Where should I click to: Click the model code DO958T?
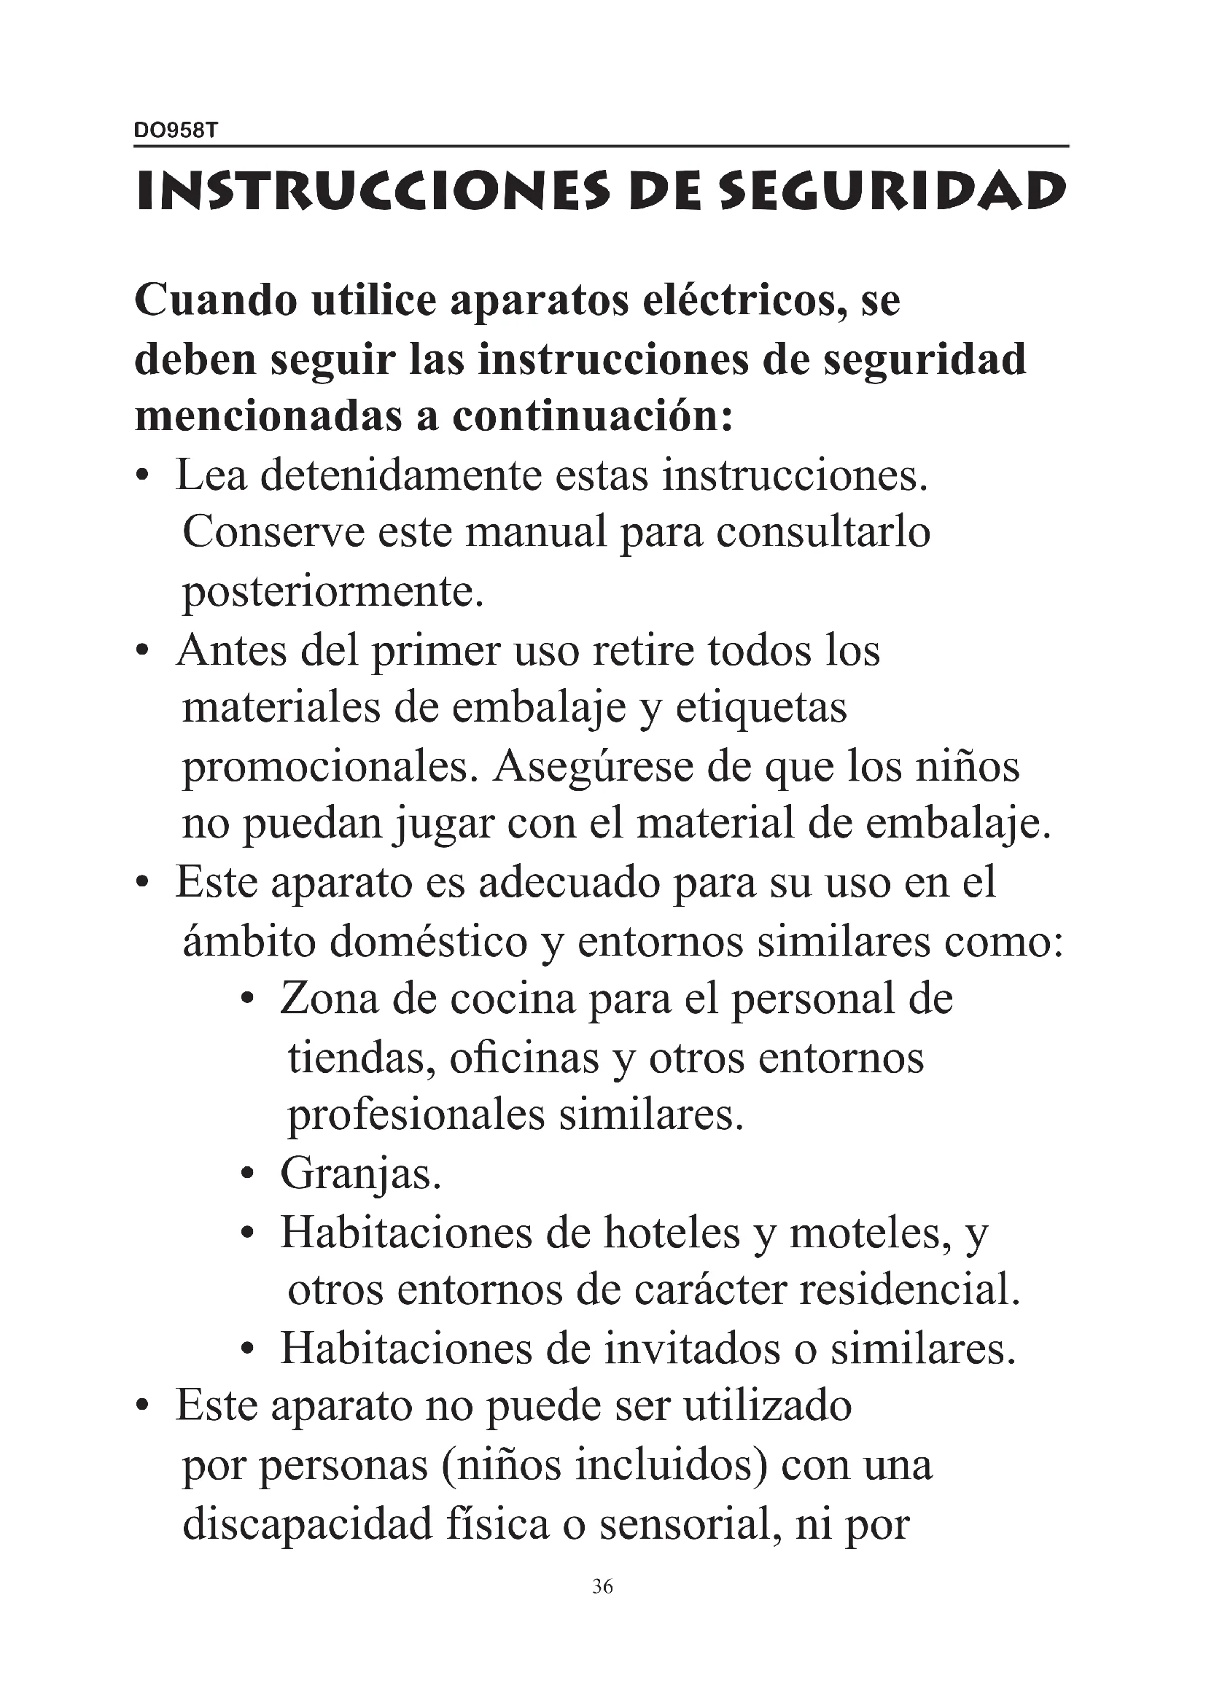pos(175,130)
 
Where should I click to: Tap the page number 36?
pos(602,1587)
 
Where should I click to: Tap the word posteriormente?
pos(332,591)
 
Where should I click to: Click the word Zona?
pos(328,999)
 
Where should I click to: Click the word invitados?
pos(692,1349)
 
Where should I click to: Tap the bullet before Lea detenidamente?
pos(144,476)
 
